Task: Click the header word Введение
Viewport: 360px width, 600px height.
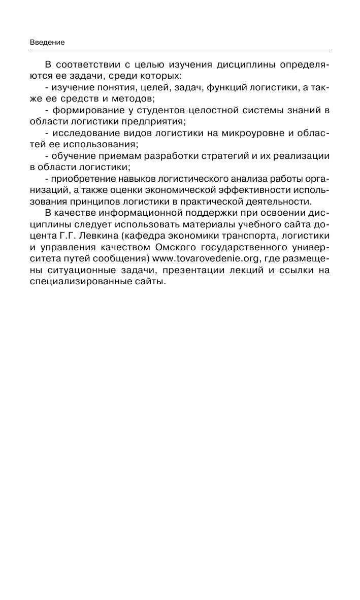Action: click(x=47, y=43)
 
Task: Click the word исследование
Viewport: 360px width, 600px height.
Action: click(x=82, y=133)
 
